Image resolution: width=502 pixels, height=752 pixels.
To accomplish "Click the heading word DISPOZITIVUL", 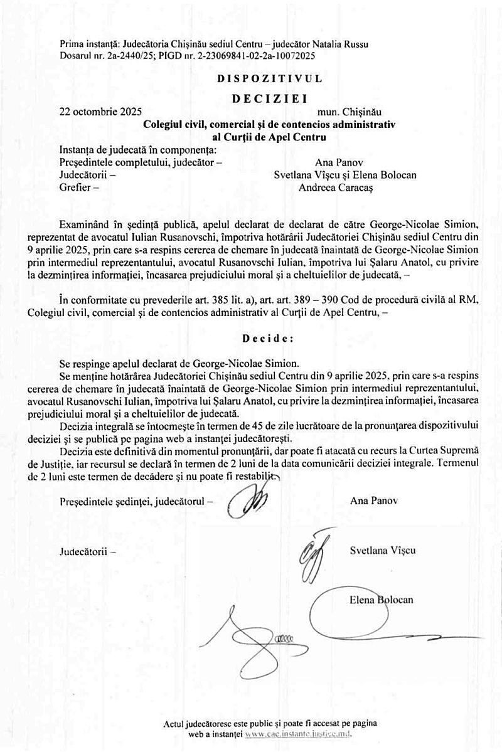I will click(x=270, y=79).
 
